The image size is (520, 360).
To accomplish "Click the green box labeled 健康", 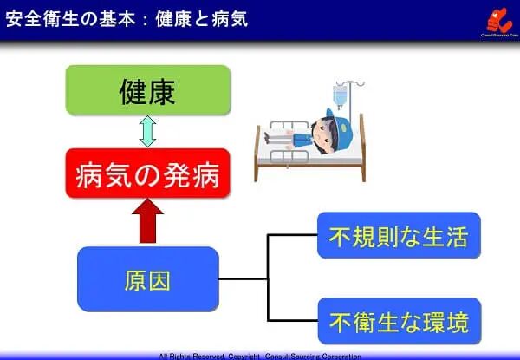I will pos(148,90).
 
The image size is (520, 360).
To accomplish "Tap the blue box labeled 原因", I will pos(148,279).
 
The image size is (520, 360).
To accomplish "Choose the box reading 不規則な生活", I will pos(399,235).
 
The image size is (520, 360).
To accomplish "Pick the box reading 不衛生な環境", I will pos(399,323).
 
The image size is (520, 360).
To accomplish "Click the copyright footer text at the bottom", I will pos(260,356).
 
